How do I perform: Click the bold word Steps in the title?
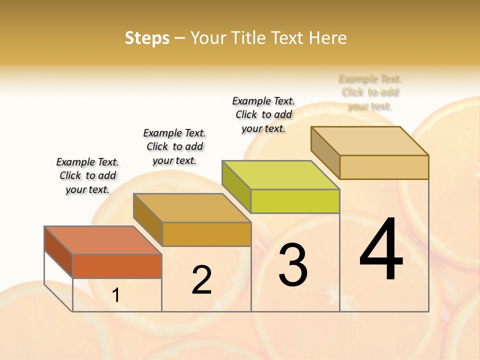[x=147, y=38]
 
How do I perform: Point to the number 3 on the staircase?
[x=292, y=265]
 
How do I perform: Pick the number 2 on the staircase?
[x=202, y=280]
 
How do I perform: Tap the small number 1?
[x=116, y=295]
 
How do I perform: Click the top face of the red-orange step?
[x=102, y=240]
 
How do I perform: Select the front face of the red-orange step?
[x=117, y=266]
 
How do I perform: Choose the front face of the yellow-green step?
[x=295, y=201]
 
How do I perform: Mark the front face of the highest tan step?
[x=384, y=167]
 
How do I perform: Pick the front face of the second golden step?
[x=206, y=234]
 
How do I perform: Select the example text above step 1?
[x=87, y=175]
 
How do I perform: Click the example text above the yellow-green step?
[x=263, y=114]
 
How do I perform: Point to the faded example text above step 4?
[x=370, y=92]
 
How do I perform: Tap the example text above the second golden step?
[x=174, y=146]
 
